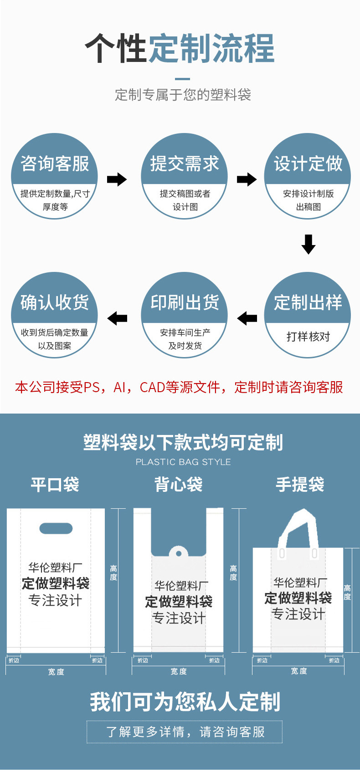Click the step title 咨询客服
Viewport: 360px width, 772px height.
(55, 164)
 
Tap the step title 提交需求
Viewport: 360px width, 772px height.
(185, 164)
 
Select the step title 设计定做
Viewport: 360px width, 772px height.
(308, 164)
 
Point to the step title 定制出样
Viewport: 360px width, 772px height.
(308, 302)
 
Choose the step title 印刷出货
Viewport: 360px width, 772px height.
(185, 302)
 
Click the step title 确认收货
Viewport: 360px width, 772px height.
(55, 302)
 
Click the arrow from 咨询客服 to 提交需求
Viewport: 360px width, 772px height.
(117, 179)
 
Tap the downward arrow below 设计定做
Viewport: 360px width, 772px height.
(309, 244)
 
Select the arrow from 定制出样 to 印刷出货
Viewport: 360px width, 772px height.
(247, 318)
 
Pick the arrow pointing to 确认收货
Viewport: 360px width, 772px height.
(117, 318)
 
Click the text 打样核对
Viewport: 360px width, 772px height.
(308, 337)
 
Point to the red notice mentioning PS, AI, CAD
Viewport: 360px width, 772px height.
(179, 387)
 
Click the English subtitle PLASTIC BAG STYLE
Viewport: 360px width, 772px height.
(183, 462)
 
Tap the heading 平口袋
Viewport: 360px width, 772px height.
(55, 484)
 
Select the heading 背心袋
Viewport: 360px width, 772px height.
(179, 484)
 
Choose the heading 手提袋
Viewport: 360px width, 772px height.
(300, 484)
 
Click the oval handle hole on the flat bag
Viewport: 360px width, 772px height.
(56, 528)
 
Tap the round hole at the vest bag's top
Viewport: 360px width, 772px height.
(179, 554)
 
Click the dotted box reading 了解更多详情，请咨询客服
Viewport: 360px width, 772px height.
(185, 732)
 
